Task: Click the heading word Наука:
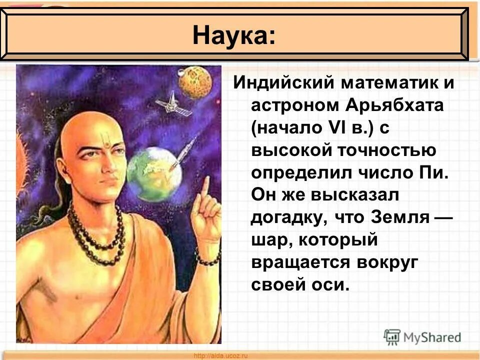click(233, 35)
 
